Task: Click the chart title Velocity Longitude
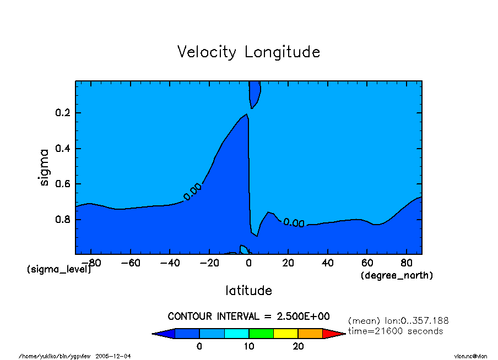[x=248, y=52]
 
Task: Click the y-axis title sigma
[x=45, y=167]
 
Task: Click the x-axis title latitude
[x=248, y=290]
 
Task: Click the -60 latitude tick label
[x=131, y=263]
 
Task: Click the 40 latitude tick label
[x=327, y=263]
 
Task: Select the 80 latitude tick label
[x=406, y=263]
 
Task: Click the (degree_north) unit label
[x=397, y=275]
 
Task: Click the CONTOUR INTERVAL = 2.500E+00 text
[x=248, y=316]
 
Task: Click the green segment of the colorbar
[x=261, y=334]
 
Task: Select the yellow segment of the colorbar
[x=285, y=334]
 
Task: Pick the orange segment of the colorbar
[x=310, y=334]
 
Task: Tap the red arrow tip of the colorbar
[x=333, y=334]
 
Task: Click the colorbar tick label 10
[x=249, y=346]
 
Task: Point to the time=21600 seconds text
[x=396, y=331]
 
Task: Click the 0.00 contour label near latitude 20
[x=294, y=223]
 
